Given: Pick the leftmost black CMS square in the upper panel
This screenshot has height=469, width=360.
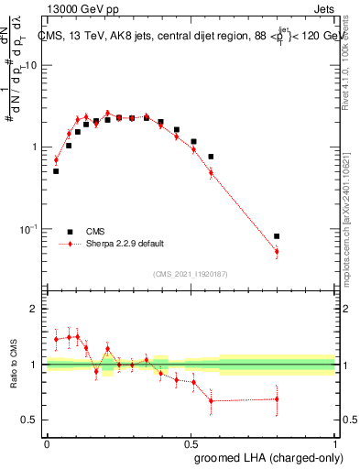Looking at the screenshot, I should tap(56, 171).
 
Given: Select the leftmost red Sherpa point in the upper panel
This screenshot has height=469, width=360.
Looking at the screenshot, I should tap(56, 160).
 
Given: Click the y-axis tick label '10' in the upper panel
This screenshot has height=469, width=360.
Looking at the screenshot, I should tap(31, 66).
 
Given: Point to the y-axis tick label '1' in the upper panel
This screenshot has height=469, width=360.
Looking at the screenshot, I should tap(35, 147).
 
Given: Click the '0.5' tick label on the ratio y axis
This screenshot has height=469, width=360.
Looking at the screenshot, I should tap(29, 420).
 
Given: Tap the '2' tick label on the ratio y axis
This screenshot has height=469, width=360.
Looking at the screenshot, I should tap(35, 310).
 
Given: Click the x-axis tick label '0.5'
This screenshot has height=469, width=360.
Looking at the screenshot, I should tap(191, 443).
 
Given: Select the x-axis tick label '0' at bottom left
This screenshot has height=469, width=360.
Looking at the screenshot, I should tap(47, 443).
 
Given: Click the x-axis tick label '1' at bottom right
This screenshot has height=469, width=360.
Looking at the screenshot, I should tap(334, 443).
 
